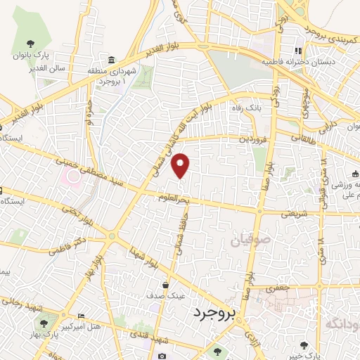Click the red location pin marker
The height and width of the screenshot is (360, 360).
point(181,164)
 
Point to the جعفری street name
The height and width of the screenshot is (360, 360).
point(280,288)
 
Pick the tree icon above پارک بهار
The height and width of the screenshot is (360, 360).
point(44,324)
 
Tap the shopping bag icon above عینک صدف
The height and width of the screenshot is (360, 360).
point(165,285)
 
